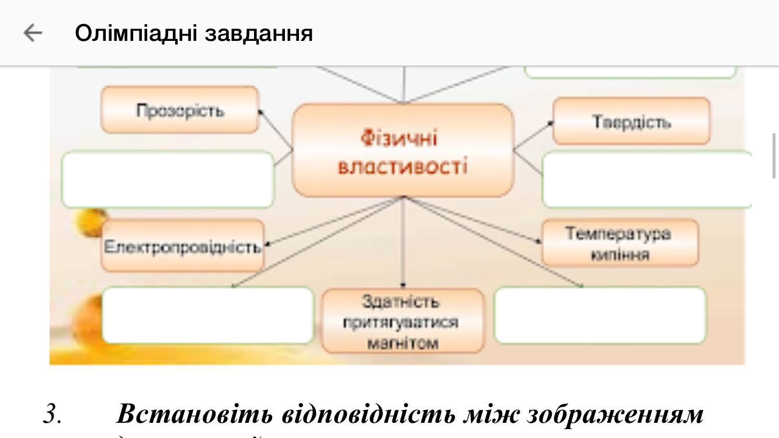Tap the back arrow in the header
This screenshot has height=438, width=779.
33,33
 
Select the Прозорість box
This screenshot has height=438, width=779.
180,110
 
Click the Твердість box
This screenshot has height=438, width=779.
631,121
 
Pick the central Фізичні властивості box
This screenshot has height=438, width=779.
403,151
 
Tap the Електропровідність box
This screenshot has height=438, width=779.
182,246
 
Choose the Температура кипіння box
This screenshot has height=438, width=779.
620,243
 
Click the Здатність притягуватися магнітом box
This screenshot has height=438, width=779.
403,321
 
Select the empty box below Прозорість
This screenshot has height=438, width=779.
168,179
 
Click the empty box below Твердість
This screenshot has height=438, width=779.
646,179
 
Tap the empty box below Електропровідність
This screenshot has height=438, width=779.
208,315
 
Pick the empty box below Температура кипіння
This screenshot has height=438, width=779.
600,315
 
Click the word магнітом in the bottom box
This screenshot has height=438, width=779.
403,343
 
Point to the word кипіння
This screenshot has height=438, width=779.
620,255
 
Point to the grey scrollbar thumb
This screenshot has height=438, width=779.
774,155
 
